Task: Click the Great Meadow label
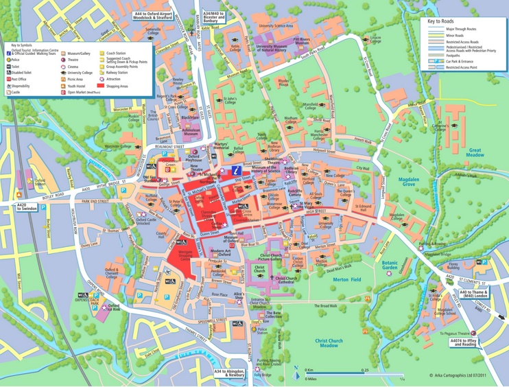474,152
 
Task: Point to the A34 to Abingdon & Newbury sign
228,373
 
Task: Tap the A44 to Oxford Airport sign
153,15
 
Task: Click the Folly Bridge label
262,375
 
